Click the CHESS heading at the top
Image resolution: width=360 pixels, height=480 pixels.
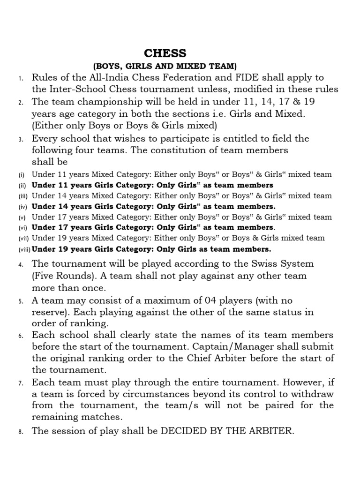[165, 52]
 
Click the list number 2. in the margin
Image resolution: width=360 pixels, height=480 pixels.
[21, 102]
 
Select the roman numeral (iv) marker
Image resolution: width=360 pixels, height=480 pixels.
[23, 207]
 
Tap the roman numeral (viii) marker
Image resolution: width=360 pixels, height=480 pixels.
[24, 249]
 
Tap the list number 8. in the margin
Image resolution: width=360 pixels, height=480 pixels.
[21, 432]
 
